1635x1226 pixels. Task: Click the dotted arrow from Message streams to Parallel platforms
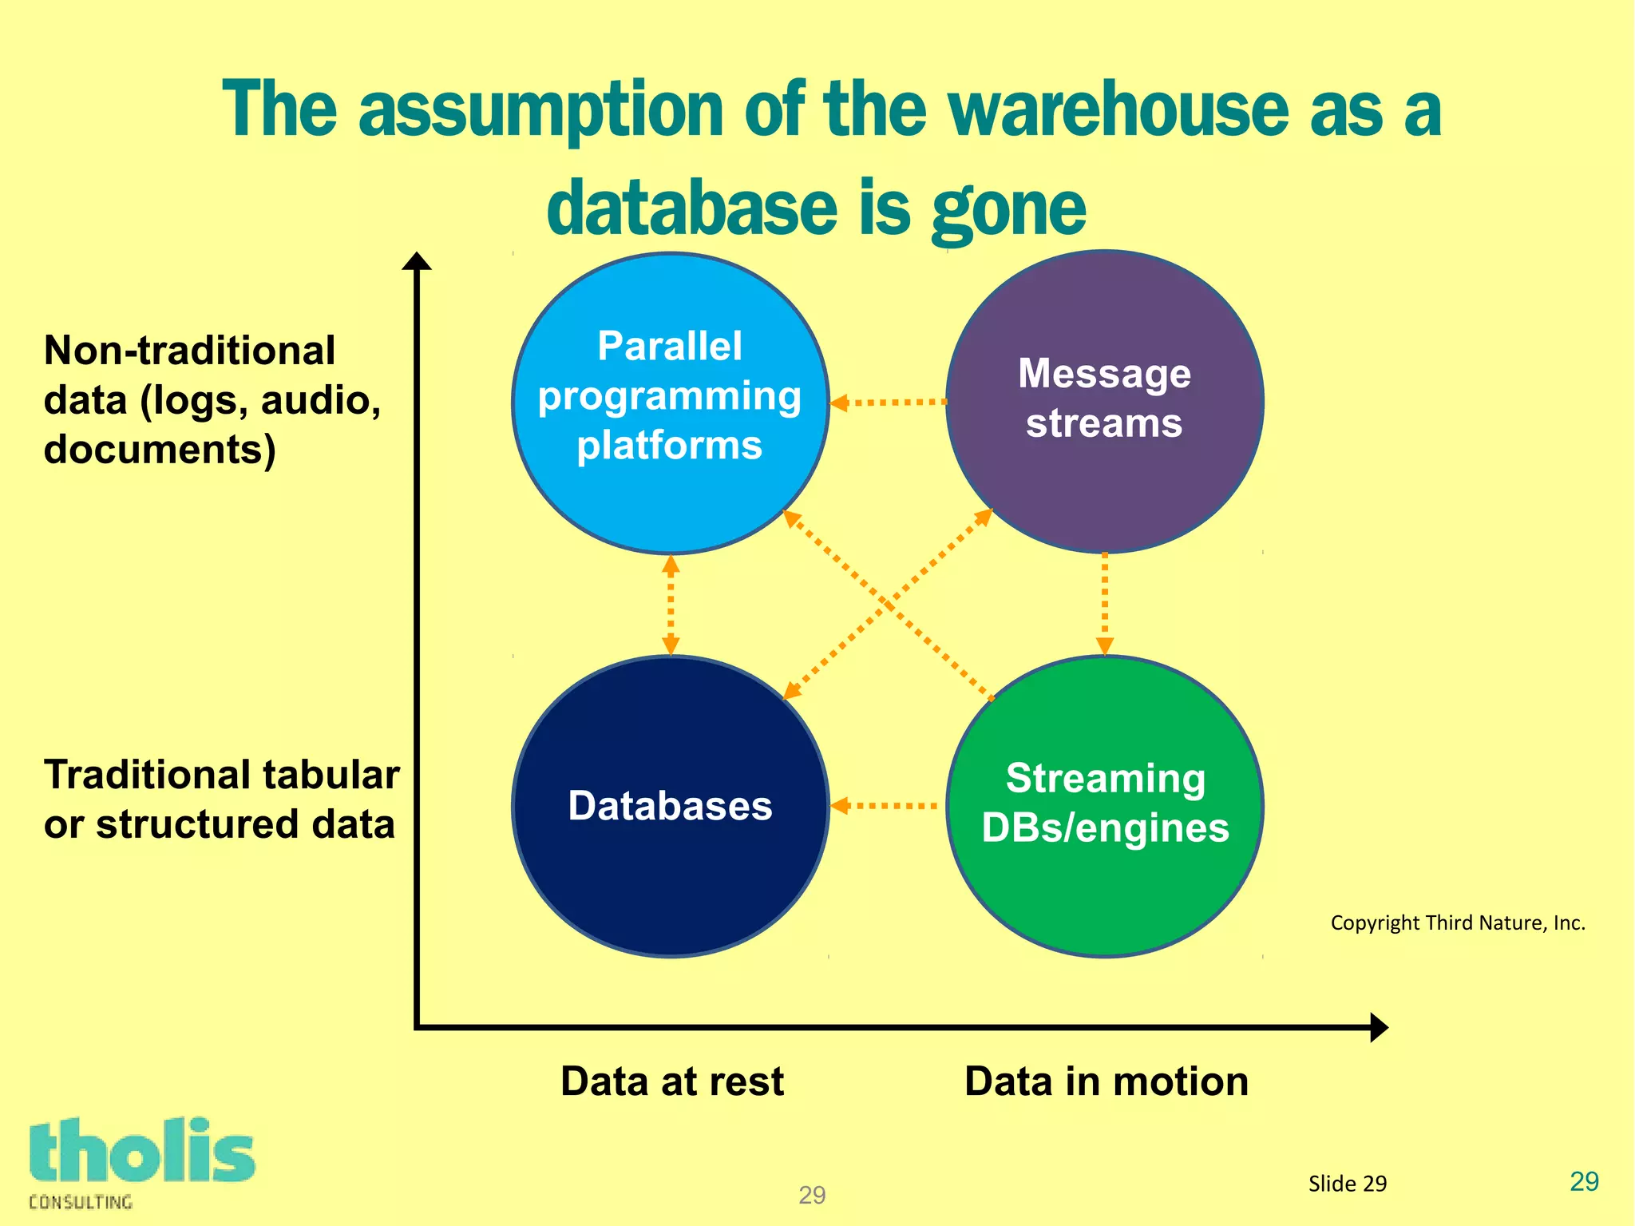[888, 403]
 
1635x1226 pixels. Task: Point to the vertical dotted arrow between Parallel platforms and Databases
[671, 605]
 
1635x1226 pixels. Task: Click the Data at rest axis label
[672, 1081]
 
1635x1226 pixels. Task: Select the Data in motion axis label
[1106, 1081]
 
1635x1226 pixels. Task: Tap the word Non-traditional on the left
[189, 351]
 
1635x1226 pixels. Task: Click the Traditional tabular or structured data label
[221, 799]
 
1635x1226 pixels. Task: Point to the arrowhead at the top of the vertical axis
[416, 261]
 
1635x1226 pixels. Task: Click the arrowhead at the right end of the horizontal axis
[1379, 1027]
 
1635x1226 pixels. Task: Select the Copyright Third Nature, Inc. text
[1458, 923]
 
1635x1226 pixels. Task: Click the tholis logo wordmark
[142, 1152]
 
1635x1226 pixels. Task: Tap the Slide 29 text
[1348, 1184]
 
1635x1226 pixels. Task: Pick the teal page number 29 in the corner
[1584, 1181]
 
